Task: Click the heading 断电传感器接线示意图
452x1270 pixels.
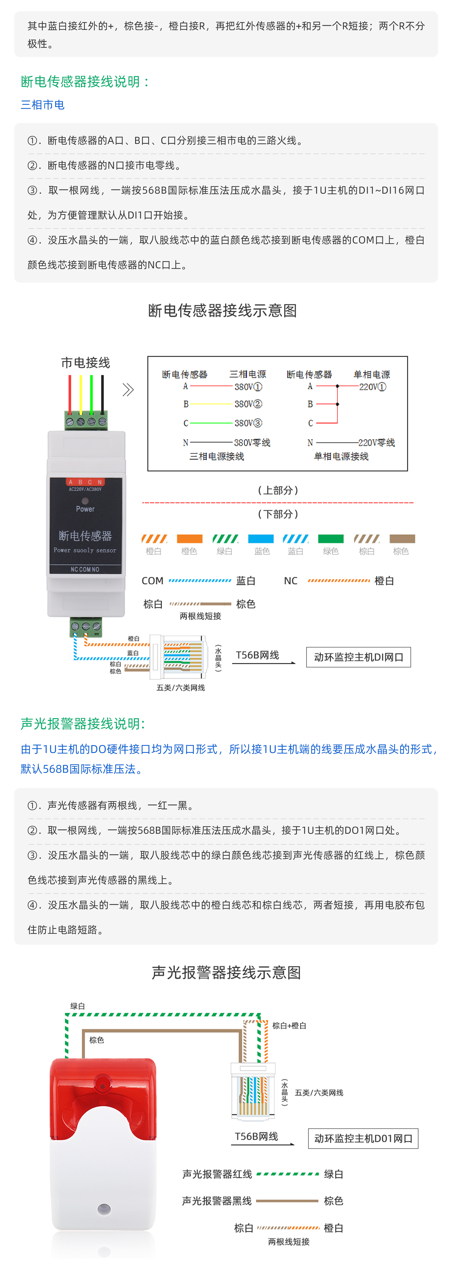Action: [x=223, y=311]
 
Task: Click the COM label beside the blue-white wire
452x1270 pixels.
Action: [x=153, y=581]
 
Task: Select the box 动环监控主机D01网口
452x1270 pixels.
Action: [x=363, y=1138]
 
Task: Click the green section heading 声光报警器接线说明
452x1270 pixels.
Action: [x=83, y=724]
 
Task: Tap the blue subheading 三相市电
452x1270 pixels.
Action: [x=42, y=105]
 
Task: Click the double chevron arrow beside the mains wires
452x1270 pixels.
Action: [x=128, y=390]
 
